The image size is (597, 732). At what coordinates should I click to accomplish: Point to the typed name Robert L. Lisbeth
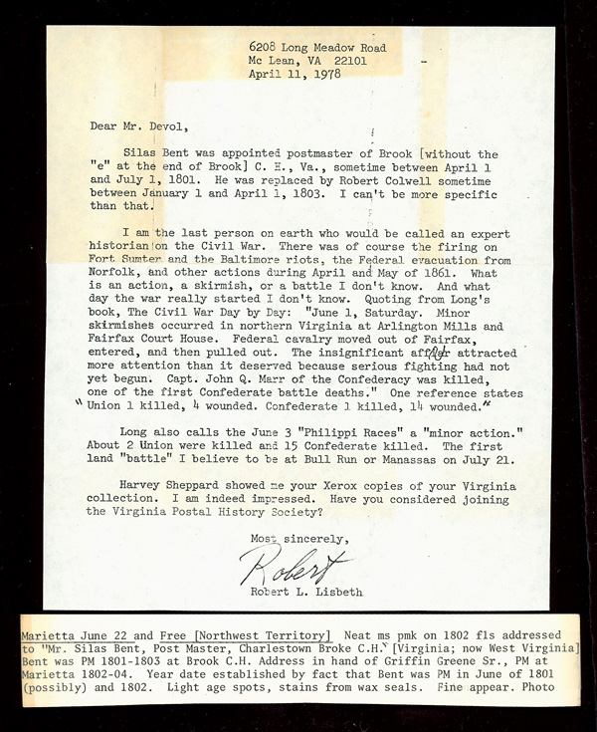[x=297, y=590]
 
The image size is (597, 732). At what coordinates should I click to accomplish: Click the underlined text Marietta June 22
[x=68, y=633]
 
